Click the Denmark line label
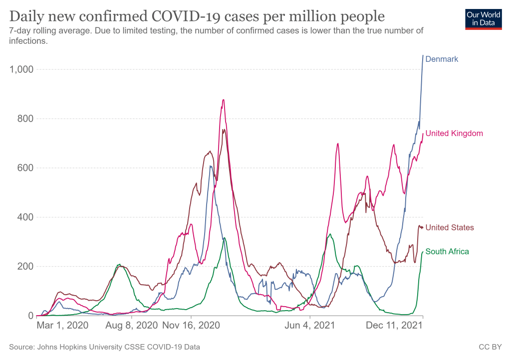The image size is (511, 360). tap(442, 59)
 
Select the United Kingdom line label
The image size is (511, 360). tap(454, 133)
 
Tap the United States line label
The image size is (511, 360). tap(450, 227)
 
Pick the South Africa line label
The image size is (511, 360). tap(447, 251)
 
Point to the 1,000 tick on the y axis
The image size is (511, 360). tap(21, 69)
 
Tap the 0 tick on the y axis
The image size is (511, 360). tap(30, 316)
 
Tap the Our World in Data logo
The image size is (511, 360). tap(483, 18)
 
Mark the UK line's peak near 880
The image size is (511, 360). tap(223, 100)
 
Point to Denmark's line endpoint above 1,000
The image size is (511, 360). tap(423, 55)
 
